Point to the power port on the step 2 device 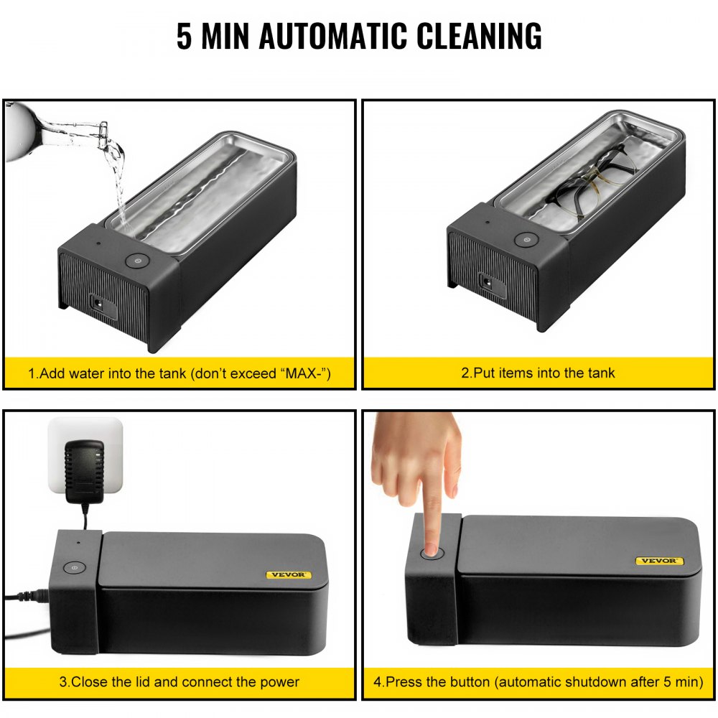click(x=487, y=283)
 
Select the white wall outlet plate click(x=86, y=457)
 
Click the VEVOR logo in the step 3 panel click(x=289, y=574)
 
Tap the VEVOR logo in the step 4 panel click(x=659, y=561)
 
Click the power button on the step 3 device click(x=73, y=567)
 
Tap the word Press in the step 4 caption click(x=405, y=681)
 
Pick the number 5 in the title click(x=184, y=36)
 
